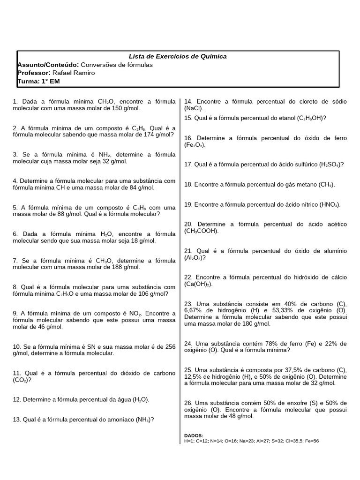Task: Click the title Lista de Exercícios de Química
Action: point(178,56)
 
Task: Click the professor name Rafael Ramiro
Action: point(74,73)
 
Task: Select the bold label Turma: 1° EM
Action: point(38,81)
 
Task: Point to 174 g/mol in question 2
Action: point(153,135)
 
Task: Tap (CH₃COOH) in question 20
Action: point(201,231)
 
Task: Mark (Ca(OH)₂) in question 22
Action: point(198,284)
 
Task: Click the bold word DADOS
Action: point(194,435)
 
